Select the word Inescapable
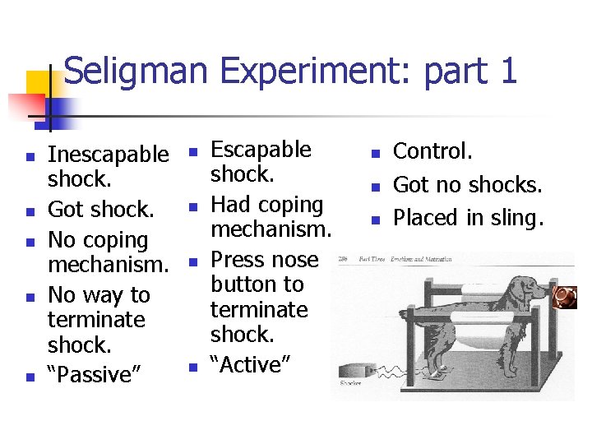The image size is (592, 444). point(108,154)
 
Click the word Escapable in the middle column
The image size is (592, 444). point(261,150)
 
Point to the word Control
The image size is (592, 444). point(432,151)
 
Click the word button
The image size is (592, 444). point(257,284)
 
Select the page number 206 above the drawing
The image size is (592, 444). point(344,260)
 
